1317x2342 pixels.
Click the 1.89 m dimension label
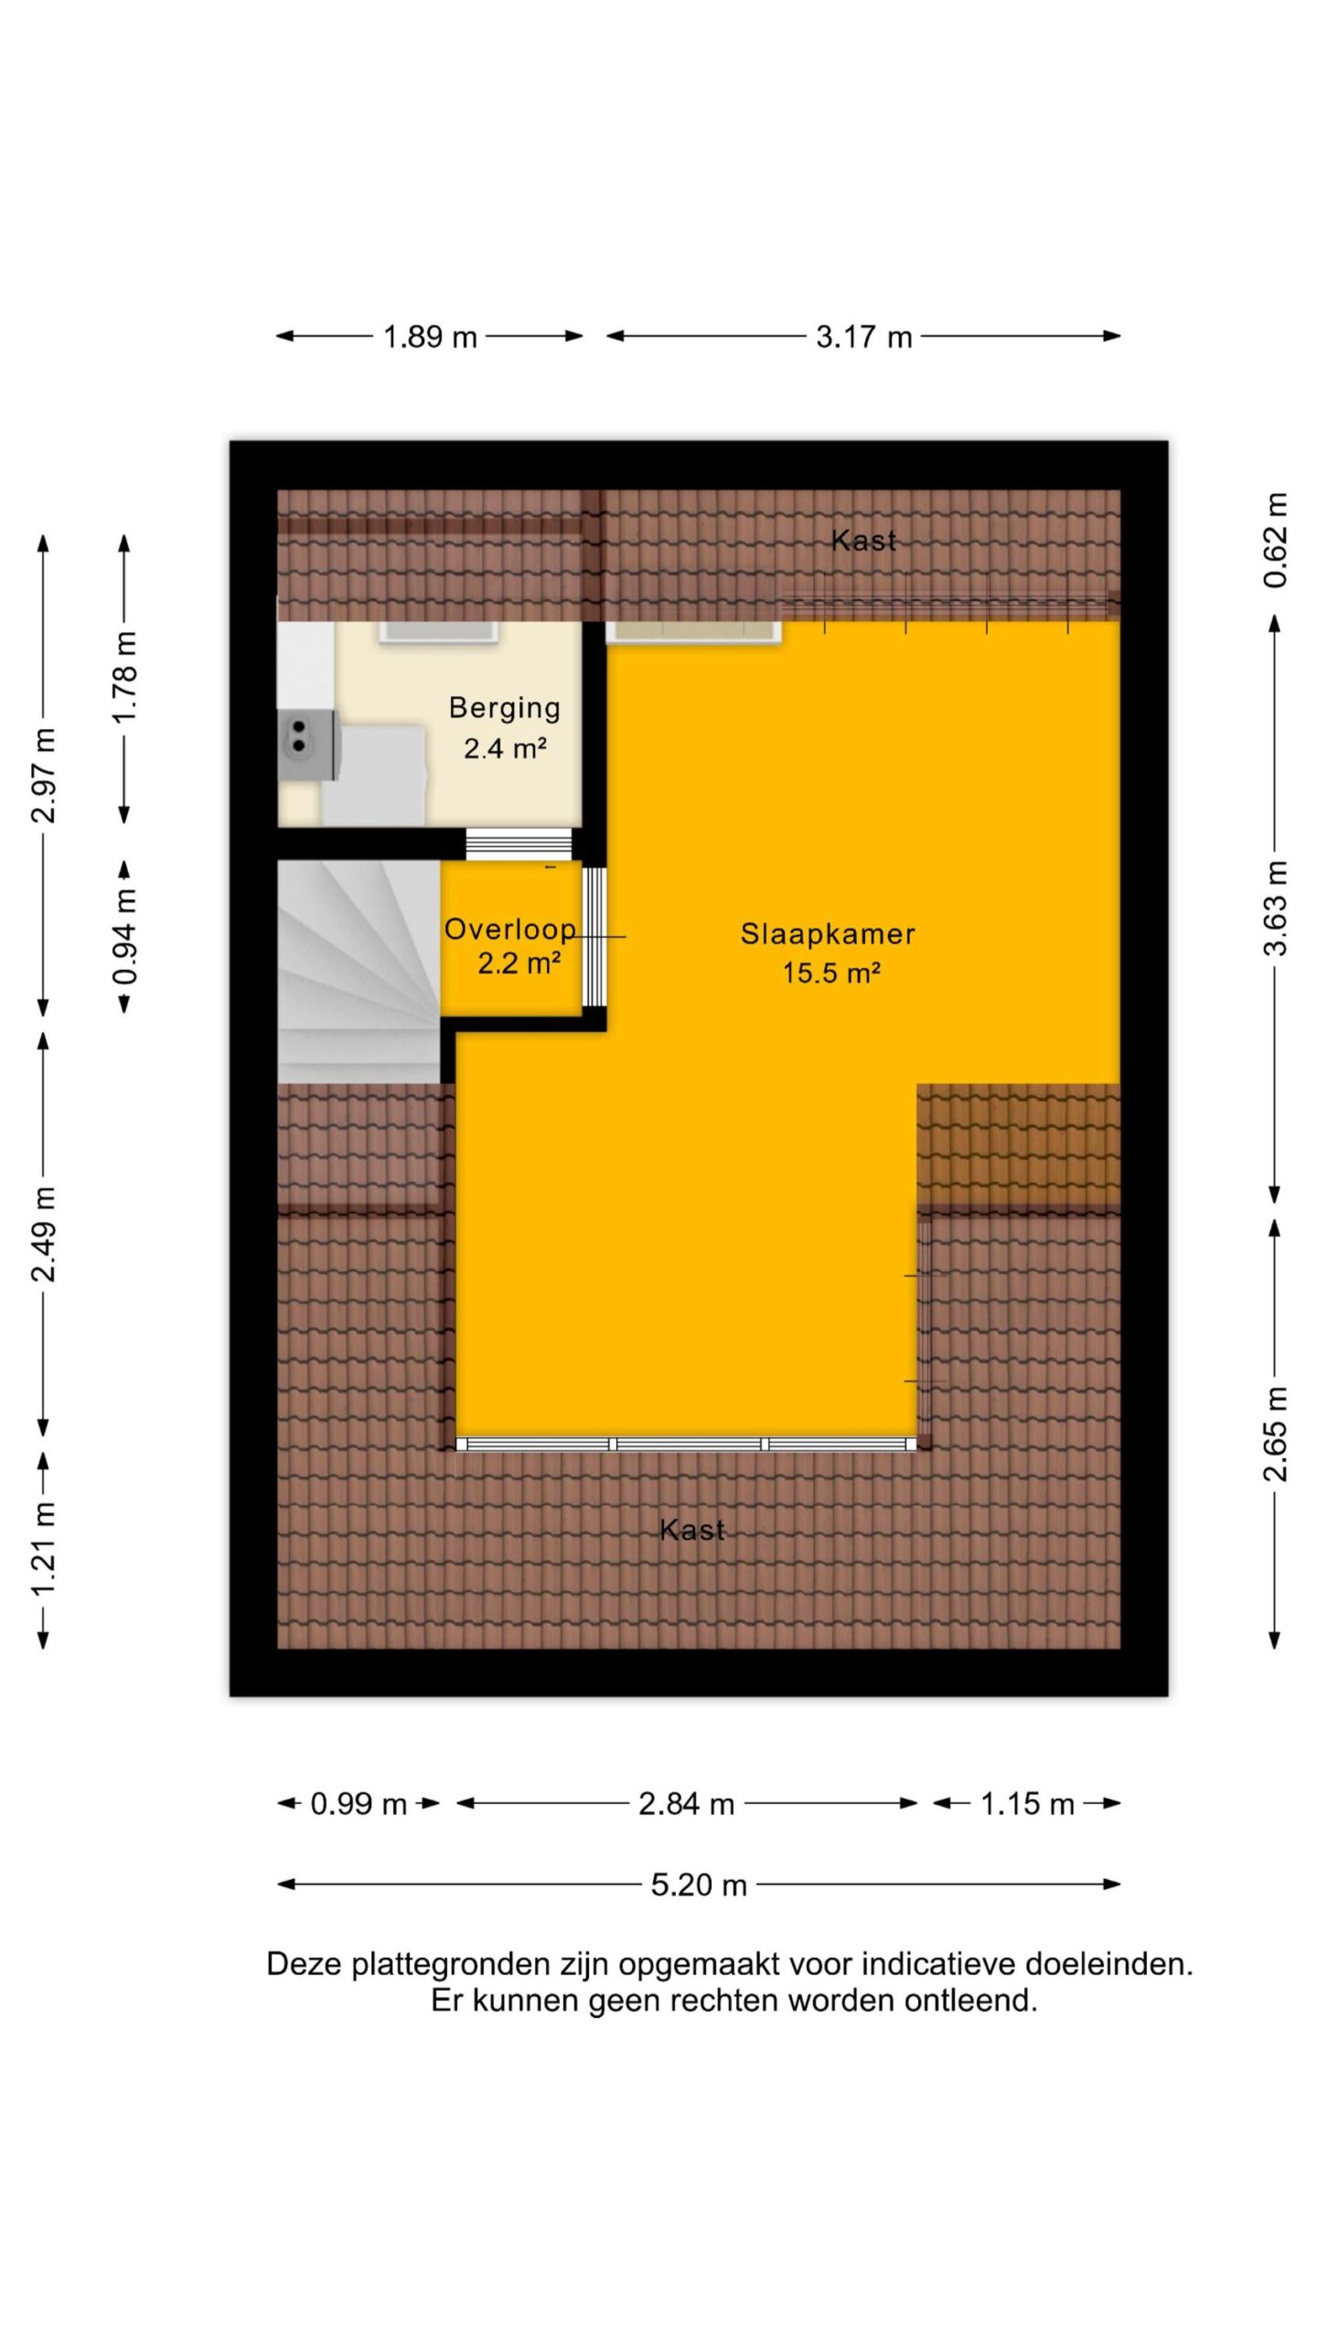click(430, 338)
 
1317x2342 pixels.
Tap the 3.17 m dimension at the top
click(864, 338)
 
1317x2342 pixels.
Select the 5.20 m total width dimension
click(699, 1885)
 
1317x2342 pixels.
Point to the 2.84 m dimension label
click(686, 1804)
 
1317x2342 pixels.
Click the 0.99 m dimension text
click(359, 1804)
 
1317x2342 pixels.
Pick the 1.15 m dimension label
click(1027, 1804)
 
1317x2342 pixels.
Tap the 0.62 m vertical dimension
click(1275, 540)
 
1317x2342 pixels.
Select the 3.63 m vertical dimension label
click(1275, 908)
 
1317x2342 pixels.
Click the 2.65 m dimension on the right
click(1275, 1434)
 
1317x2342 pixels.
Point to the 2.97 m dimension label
click(44, 776)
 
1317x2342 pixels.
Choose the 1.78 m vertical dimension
click(124, 677)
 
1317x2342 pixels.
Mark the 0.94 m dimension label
click(124, 937)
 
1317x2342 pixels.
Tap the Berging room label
click(505, 708)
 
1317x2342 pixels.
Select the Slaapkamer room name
click(828, 934)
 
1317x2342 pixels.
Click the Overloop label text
click(510, 929)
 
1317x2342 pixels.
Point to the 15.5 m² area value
click(830, 972)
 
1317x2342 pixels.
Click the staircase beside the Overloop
click(359, 972)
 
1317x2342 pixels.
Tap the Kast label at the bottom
click(692, 1531)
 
